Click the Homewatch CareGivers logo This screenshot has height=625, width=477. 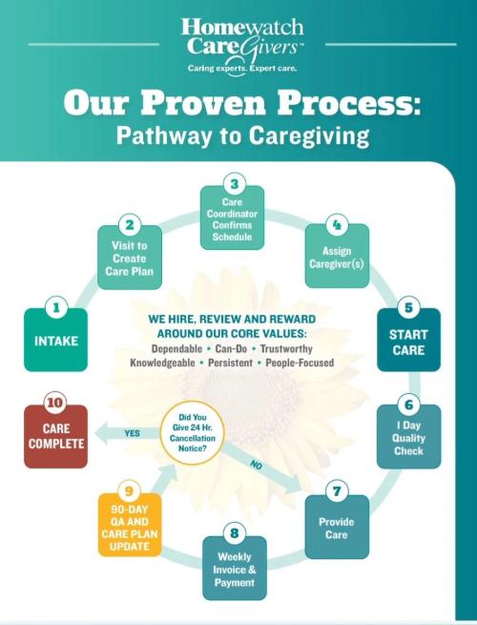(238, 44)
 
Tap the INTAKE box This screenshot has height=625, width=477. (55, 341)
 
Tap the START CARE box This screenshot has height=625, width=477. (408, 342)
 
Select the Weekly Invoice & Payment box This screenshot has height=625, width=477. (235, 570)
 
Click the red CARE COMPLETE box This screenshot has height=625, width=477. (55, 436)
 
